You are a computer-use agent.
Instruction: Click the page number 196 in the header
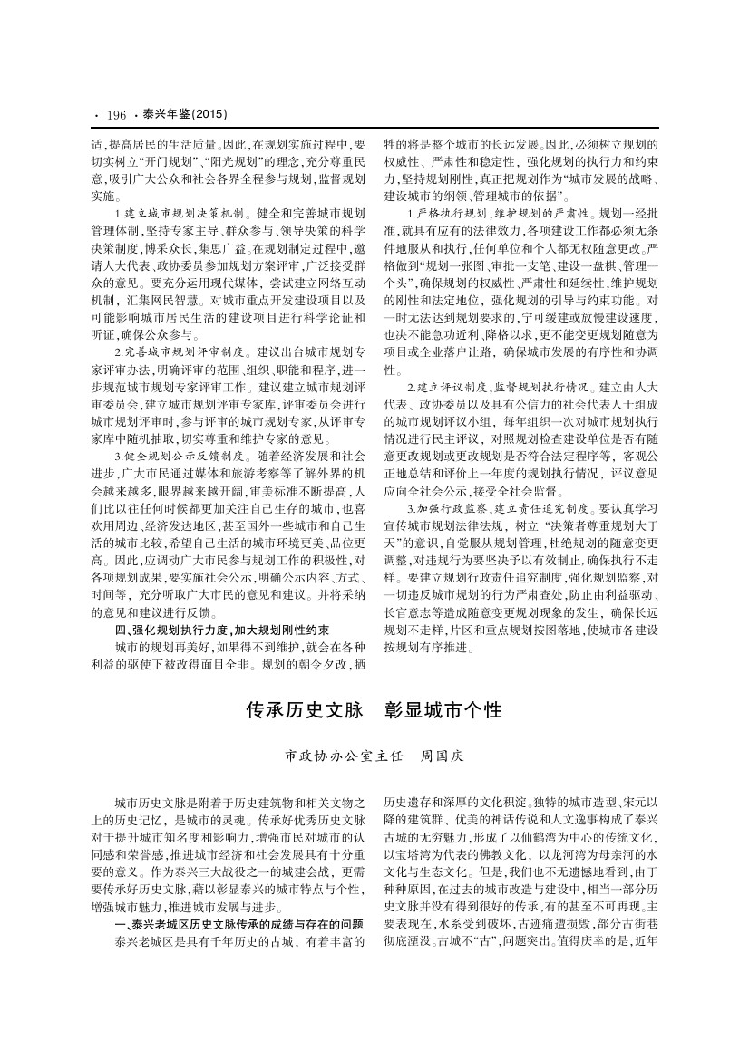(115, 115)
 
